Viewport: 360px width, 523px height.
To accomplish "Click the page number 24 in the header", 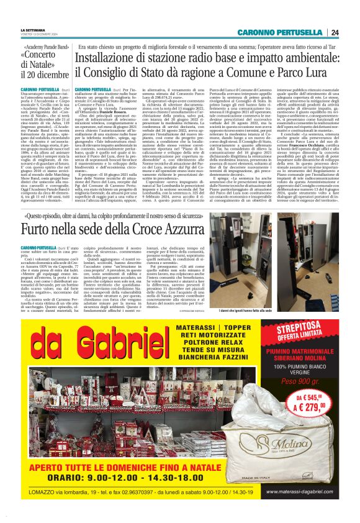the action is (x=335, y=32).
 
